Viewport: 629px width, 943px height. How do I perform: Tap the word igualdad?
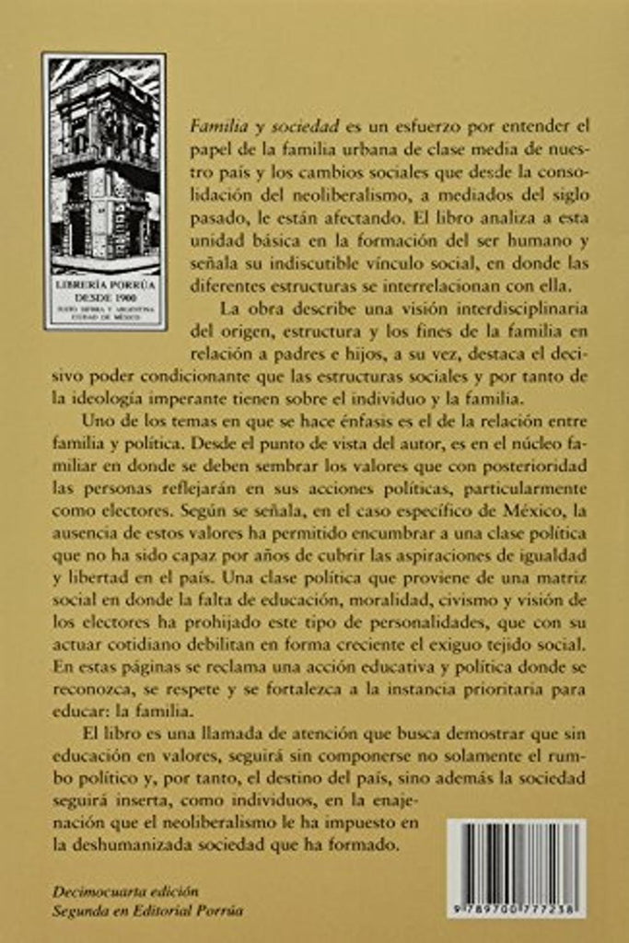(549, 556)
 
